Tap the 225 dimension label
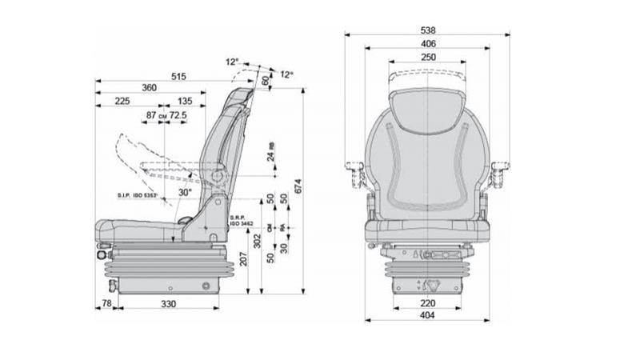[123, 102]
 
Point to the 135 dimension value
[185, 102]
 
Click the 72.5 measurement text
[178, 116]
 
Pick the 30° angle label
[184, 192]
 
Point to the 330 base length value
[169, 304]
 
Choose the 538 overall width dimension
[429, 30]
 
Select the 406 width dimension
[428, 44]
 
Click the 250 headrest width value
[428, 57]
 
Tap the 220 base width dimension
[428, 303]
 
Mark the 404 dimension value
[428, 316]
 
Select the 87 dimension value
[151, 116]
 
